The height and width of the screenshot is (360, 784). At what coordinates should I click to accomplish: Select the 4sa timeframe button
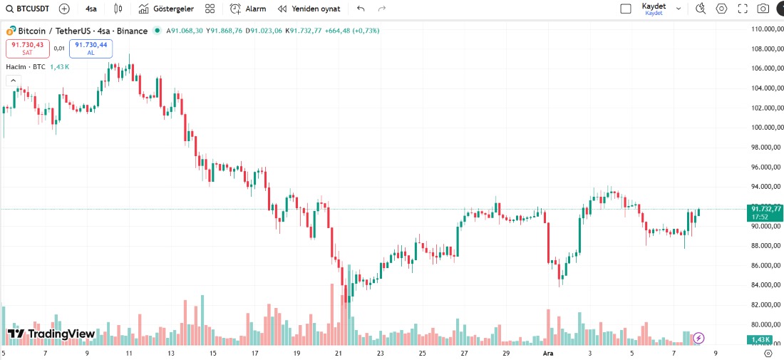tap(91, 9)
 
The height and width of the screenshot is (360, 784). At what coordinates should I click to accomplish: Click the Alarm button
tap(248, 9)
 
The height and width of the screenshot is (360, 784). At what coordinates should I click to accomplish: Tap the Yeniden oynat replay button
tap(309, 9)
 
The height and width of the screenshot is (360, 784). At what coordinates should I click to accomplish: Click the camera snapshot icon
tap(763, 9)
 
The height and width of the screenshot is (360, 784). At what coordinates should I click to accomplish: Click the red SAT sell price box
tap(28, 48)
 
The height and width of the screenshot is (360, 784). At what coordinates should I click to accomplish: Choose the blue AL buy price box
tap(91, 48)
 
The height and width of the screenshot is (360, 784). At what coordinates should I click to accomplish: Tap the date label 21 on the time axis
tap(339, 353)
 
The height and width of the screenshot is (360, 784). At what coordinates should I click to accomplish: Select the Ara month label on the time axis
tap(548, 353)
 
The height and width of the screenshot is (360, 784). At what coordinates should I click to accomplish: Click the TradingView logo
tap(51, 334)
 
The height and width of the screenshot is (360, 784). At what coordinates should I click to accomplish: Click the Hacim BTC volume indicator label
tap(26, 66)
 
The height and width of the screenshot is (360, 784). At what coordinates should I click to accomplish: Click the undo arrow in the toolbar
tap(361, 9)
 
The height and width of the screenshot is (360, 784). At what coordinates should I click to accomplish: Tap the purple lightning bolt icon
tap(698, 338)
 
